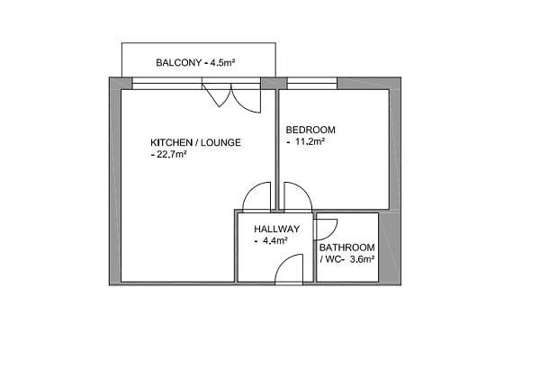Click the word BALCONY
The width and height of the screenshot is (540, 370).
point(177,63)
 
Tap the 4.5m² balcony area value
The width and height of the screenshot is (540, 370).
point(222,63)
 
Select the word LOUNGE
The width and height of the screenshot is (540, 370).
point(221,143)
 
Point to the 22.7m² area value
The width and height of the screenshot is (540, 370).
point(171,155)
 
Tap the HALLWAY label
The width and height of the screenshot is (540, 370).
point(276,229)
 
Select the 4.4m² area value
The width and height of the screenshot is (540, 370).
point(274,241)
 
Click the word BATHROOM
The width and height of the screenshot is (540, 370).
point(346,248)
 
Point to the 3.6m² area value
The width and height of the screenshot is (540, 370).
point(362,259)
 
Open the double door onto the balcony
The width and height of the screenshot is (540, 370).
point(231,95)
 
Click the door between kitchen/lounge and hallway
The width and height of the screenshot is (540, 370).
point(259,197)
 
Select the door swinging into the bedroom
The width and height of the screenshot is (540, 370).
point(296,197)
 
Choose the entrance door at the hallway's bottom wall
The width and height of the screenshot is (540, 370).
point(289,269)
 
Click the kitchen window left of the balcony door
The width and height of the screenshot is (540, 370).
point(166,84)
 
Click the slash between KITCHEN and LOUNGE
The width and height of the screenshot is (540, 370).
point(198,143)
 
